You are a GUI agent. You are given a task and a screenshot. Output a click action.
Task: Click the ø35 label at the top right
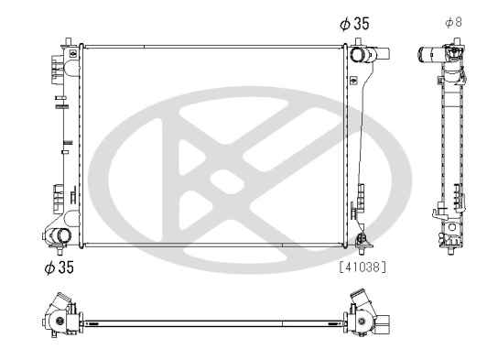(354, 25)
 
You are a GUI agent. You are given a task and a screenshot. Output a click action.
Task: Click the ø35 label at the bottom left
(58, 267)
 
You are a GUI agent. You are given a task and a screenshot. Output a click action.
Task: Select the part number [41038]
(363, 268)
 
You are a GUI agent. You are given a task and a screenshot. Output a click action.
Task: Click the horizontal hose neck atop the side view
(428, 54)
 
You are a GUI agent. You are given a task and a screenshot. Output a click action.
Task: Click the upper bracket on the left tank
(57, 67)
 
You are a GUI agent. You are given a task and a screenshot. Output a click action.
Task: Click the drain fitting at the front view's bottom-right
(363, 241)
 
